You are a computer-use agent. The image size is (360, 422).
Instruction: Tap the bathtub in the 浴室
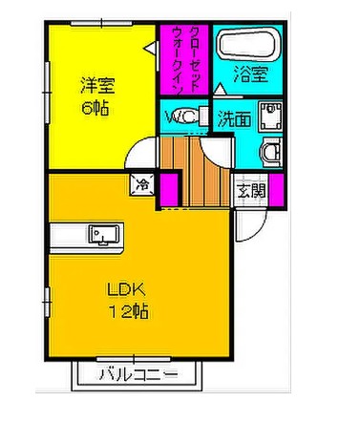tap(247, 45)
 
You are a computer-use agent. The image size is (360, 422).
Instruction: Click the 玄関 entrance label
tap(253, 191)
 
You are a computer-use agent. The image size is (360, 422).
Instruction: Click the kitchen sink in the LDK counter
tap(102, 232)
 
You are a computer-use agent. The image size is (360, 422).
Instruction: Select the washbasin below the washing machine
tap(272, 152)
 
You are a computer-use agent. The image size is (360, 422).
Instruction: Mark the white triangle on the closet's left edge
tap(148, 46)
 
